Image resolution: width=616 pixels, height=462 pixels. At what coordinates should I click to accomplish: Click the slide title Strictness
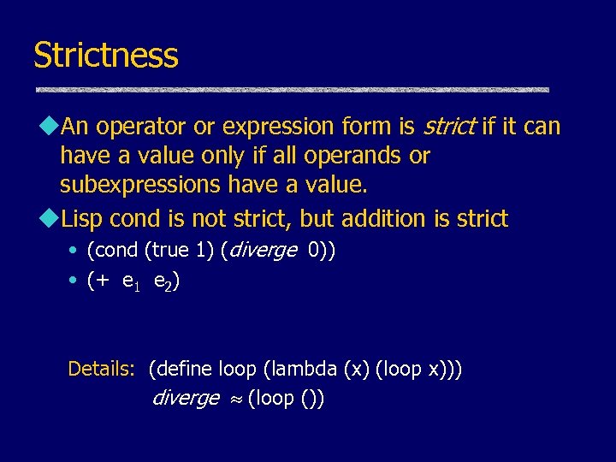(x=105, y=56)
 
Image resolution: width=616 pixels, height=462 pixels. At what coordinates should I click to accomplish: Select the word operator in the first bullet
(x=139, y=127)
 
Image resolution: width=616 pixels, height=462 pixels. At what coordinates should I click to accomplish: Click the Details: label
(x=101, y=370)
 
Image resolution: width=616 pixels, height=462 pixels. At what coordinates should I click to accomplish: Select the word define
(x=184, y=370)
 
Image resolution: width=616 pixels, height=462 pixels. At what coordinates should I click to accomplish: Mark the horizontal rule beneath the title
(x=291, y=90)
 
